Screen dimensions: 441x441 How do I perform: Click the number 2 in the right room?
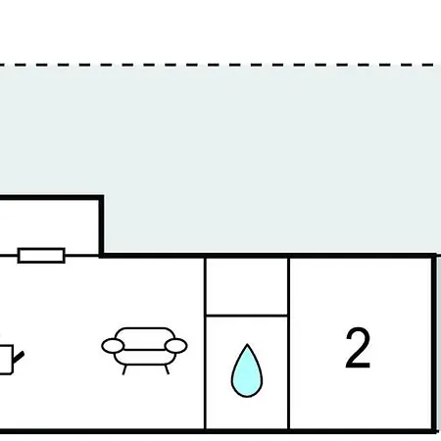click(358, 348)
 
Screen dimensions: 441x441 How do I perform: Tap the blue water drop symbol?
click(247, 370)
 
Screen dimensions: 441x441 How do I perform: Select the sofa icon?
click(144, 351)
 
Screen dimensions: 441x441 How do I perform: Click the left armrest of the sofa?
click(113, 346)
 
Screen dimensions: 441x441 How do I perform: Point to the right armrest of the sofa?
click(175, 346)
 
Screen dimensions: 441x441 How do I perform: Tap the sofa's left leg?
click(124, 369)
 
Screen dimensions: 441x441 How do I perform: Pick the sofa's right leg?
click(167, 369)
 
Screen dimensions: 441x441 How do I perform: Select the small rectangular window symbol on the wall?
click(41, 256)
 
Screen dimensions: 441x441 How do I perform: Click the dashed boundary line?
click(220, 65)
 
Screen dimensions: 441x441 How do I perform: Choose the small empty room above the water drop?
click(247, 286)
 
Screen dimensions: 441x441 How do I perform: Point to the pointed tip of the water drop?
click(247, 344)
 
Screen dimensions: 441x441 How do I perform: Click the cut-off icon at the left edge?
click(10, 359)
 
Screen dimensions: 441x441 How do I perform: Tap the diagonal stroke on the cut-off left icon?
click(19, 357)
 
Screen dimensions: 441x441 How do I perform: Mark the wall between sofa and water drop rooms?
click(205, 343)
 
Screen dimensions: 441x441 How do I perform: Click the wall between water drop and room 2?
click(289, 343)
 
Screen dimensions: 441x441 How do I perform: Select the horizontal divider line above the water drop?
click(247, 316)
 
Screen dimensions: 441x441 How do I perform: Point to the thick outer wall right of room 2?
click(434, 343)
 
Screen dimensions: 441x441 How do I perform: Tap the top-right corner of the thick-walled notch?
click(102, 197)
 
